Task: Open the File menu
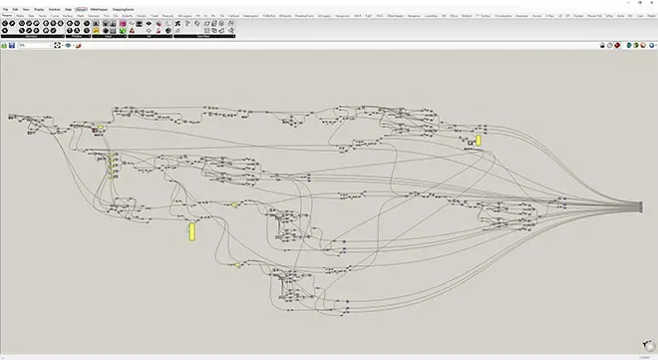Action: tap(5, 8)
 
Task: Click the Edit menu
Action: tap(15, 8)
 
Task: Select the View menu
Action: tap(26, 8)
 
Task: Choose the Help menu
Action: tap(69, 8)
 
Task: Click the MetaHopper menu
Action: tap(100, 8)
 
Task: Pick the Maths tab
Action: tap(20, 16)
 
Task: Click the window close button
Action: tap(651, 3)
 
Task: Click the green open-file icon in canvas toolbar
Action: tap(3, 46)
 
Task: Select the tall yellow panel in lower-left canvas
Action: tap(191, 231)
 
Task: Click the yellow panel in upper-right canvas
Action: tap(479, 141)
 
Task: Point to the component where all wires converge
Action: tap(647, 206)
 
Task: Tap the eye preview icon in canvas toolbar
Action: tap(67, 46)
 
